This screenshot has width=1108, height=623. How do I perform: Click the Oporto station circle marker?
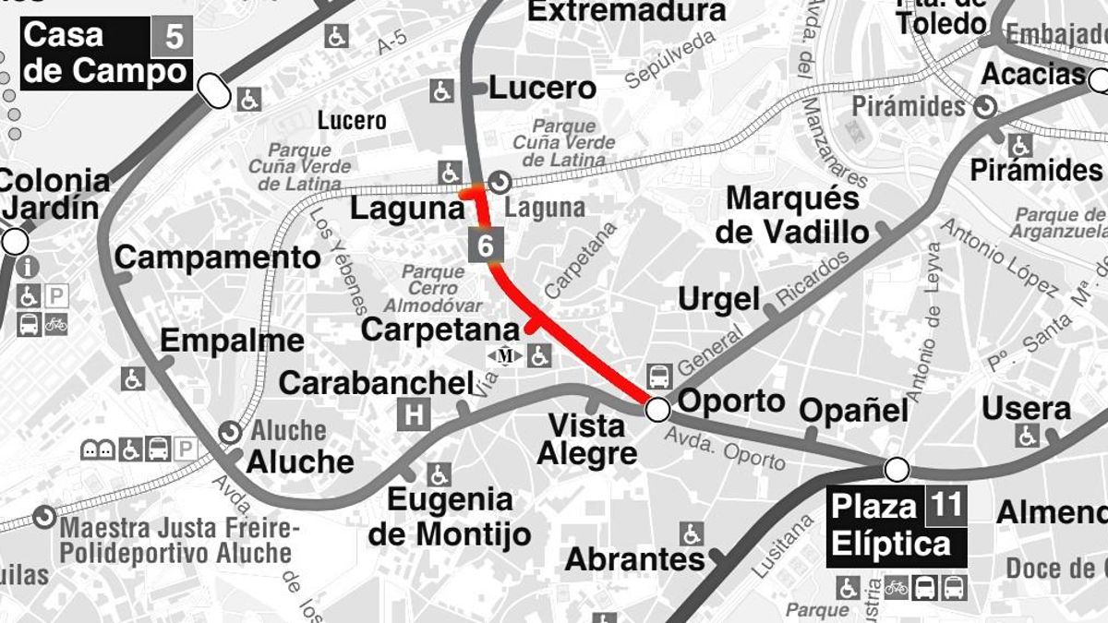(x=657, y=409)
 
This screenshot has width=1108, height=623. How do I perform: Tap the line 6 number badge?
(x=487, y=246)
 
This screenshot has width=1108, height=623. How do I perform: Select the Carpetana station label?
(x=440, y=329)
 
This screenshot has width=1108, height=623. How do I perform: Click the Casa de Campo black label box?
(x=105, y=54)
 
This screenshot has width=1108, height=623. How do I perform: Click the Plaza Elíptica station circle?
(x=896, y=470)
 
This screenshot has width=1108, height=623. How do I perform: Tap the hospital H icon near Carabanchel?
(x=413, y=414)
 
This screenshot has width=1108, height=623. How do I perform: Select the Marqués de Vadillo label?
(x=792, y=215)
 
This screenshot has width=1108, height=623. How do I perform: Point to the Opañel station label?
(x=854, y=410)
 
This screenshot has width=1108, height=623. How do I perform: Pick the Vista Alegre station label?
(x=587, y=439)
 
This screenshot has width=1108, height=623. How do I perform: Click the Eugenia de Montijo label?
(x=449, y=517)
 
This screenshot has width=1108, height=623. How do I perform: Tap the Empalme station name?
(x=232, y=341)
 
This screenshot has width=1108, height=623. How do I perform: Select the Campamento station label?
(x=217, y=258)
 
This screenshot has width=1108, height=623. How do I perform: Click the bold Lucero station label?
(x=542, y=89)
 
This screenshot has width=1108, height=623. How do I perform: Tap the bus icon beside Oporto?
(x=658, y=376)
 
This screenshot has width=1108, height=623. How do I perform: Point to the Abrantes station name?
(x=634, y=559)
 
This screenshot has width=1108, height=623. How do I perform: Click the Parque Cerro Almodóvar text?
(x=433, y=288)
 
